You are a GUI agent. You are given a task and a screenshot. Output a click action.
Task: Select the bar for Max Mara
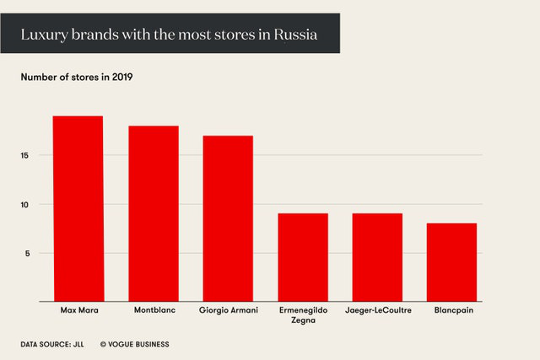78,208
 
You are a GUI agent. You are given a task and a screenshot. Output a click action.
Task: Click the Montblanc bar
153,213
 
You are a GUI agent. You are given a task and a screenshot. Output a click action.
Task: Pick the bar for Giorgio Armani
228,218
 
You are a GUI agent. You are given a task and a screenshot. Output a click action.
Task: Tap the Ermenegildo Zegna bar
303,257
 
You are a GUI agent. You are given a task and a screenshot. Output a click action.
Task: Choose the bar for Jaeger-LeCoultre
377,257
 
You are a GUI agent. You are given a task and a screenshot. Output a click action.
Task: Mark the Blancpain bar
452,262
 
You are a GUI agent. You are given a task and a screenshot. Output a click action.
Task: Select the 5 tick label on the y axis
28,253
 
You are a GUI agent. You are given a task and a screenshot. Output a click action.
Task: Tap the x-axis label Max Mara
78,311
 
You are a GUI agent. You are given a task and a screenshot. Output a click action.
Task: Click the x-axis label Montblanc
153,311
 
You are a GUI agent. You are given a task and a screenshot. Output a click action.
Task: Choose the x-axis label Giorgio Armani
228,311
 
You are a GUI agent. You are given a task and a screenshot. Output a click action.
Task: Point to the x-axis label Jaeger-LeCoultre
377,311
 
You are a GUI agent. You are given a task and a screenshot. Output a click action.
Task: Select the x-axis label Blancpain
452,311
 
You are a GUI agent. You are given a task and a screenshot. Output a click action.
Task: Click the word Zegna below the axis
303,322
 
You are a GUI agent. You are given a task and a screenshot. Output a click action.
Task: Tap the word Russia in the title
294,34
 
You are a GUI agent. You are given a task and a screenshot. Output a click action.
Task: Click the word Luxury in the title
43,34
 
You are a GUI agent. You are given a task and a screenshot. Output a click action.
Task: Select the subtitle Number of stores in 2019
77,78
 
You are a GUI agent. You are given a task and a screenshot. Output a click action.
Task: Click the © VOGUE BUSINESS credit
135,344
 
